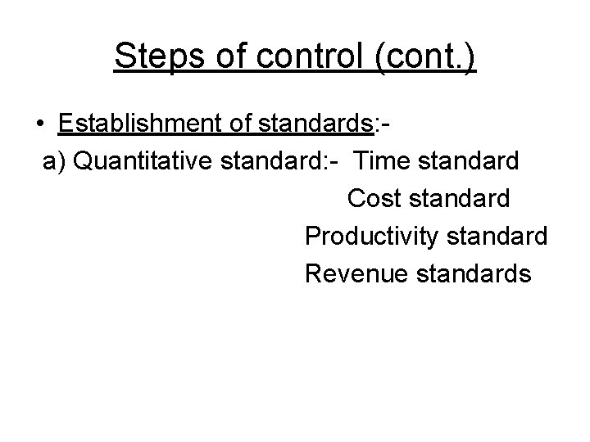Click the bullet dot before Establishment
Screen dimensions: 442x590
coord(40,124)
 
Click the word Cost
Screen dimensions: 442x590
coord(373,198)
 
